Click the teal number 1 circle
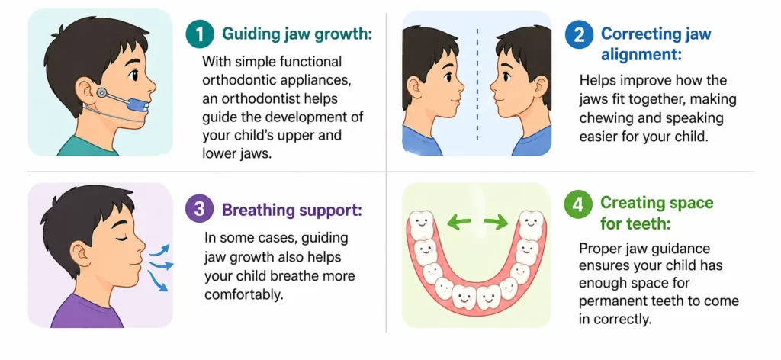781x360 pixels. tap(201, 34)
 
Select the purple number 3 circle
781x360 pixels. tap(200, 210)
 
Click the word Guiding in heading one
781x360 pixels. tap(248, 34)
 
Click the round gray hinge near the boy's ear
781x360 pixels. tap(102, 93)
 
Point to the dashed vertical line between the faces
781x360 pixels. tap(477, 84)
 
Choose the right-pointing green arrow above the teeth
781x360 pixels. tap(497, 223)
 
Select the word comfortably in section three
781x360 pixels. tap(245, 294)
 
